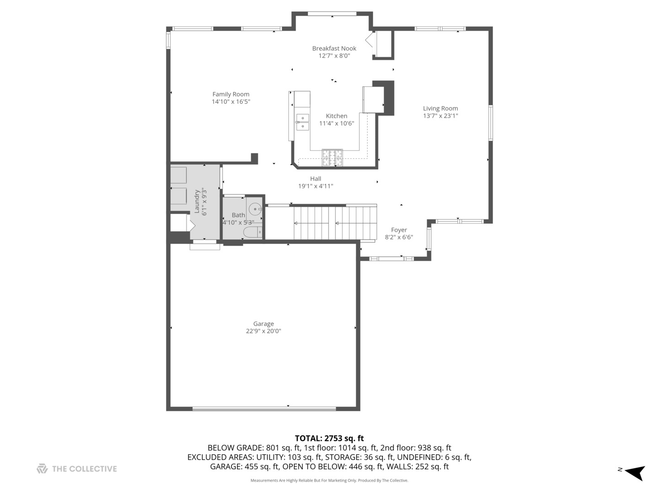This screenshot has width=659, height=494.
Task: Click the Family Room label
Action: point(231,94)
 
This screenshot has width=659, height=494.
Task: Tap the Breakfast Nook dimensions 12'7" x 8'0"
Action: point(334,56)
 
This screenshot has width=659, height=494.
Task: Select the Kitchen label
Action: point(336,116)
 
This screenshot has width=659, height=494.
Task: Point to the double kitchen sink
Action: point(302,122)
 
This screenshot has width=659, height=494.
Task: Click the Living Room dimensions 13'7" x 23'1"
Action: point(440,116)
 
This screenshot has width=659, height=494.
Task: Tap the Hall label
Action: point(315,179)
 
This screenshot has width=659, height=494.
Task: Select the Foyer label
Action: point(399,230)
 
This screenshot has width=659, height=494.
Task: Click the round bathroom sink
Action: point(254,209)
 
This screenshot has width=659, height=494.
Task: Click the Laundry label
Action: point(197,202)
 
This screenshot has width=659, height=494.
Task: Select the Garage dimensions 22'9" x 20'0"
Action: point(263,331)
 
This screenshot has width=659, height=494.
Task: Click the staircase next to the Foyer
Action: point(334,223)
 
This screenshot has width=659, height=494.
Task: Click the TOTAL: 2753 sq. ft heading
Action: point(329,438)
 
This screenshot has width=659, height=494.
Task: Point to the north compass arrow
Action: point(635,472)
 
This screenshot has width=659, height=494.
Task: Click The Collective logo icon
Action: point(42,469)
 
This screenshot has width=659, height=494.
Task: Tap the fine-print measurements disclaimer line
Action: point(329,480)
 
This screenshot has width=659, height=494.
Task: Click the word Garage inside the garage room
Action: point(263,324)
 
